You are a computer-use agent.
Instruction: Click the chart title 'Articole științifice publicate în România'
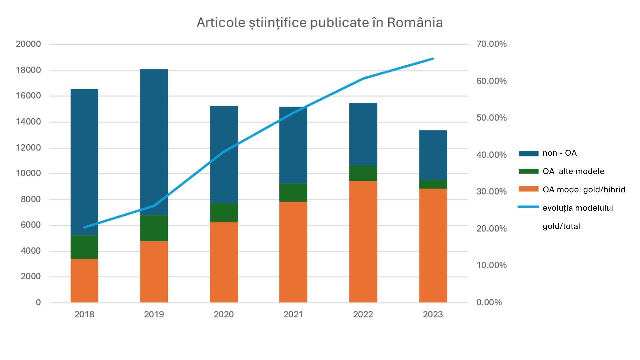coord(319,23)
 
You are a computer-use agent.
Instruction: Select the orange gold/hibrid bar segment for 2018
coord(84,281)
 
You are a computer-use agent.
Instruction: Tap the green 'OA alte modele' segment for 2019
coord(154,228)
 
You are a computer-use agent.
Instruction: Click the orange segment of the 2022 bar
coord(363,242)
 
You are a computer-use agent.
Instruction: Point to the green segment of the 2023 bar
coord(433,184)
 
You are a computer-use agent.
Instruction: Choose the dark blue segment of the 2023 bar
coord(433,155)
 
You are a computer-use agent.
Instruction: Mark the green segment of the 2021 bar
coord(293,192)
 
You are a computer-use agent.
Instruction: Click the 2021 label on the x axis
coord(293,314)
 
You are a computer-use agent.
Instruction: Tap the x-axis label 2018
coord(84,314)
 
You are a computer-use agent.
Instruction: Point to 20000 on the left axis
coord(28,44)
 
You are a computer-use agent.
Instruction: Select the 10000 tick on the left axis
coord(28,173)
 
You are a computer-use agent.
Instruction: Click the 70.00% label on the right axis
coord(491,44)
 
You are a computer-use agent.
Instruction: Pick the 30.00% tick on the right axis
coord(491,191)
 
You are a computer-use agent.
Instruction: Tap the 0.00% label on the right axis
coord(489,302)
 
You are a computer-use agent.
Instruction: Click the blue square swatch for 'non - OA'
coord(528,153)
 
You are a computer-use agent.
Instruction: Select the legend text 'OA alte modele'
coord(573,171)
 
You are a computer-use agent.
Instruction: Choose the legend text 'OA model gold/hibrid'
coord(584,190)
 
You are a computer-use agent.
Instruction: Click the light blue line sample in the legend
coord(528,207)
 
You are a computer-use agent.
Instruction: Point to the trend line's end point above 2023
coord(433,59)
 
